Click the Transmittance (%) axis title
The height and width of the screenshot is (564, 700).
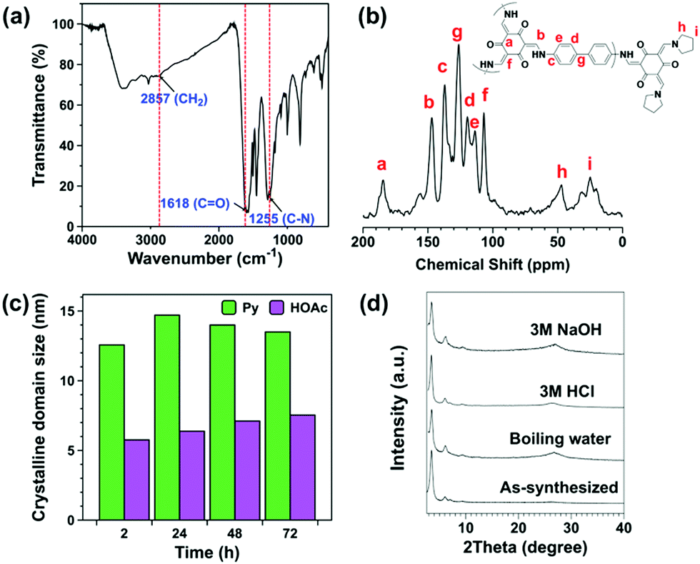pyautogui.click(x=40, y=118)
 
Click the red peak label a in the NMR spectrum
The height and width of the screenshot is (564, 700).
pyautogui.click(x=382, y=165)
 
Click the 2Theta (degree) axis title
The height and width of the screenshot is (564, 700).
pyautogui.click(x=525, y=549)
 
